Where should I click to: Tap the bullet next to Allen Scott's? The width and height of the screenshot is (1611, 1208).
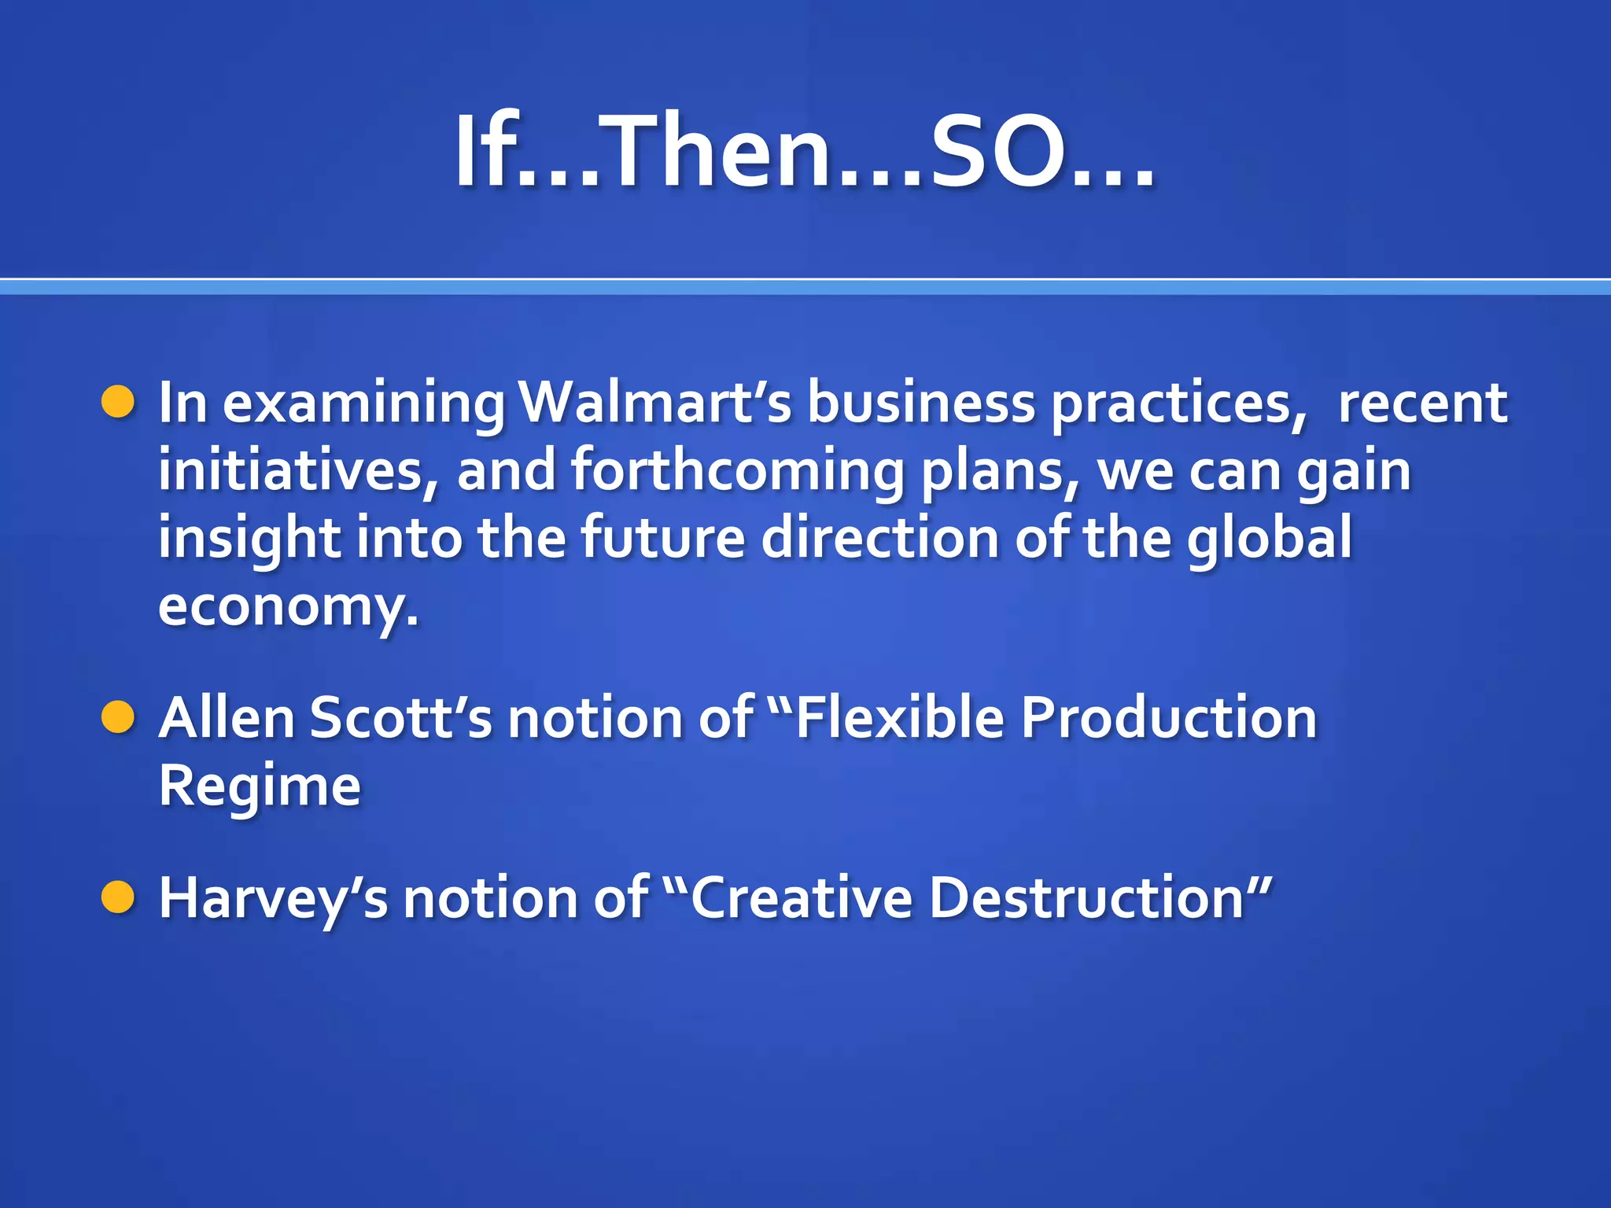(119, 717)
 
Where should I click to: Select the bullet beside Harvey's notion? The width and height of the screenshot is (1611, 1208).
(119, 897)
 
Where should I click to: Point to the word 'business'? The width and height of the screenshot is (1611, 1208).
(921, 402)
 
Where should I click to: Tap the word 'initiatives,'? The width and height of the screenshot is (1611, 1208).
(299, 470)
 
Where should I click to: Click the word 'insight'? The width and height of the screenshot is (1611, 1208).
(249, 537)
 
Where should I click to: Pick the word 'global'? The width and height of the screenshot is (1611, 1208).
(1269, 537)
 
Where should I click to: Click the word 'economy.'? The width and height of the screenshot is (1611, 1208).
(288, 606)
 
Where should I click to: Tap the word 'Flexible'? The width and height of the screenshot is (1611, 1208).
(900, 717)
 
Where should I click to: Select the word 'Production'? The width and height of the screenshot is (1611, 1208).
(1168, 717)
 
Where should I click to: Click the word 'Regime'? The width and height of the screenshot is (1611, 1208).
(260, 785)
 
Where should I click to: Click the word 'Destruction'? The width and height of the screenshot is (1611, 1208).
(1086, 897)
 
